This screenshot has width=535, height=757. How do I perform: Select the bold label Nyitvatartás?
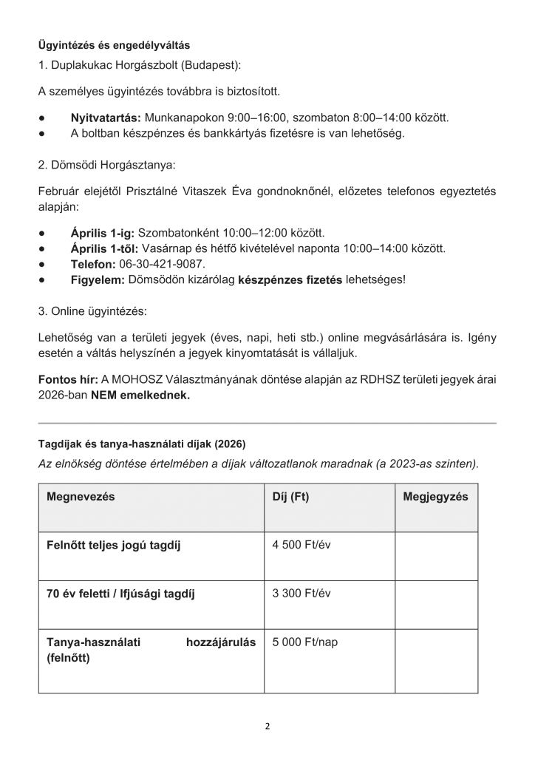pos(106,118)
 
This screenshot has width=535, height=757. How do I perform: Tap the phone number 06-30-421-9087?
pos(160,264)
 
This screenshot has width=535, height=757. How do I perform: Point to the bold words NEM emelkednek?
pos(140,396)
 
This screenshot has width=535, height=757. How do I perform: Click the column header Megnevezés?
pos(81,497)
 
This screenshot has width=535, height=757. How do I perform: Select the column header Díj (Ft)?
pos(291,497)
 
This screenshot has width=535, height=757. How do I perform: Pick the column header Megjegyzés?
pos(435,497)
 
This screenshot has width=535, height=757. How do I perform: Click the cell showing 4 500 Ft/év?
pos(301,545)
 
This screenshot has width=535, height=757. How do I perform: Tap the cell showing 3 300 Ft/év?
pos(301,593)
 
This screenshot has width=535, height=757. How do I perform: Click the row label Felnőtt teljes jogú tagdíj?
pos(114,546)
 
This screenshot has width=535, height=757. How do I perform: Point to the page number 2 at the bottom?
pos(267,725)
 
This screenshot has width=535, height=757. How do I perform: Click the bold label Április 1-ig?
pos(103,232)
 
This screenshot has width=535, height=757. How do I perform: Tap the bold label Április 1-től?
pos(104,248)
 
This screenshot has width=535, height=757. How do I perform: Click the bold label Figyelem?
pos(98,280)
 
